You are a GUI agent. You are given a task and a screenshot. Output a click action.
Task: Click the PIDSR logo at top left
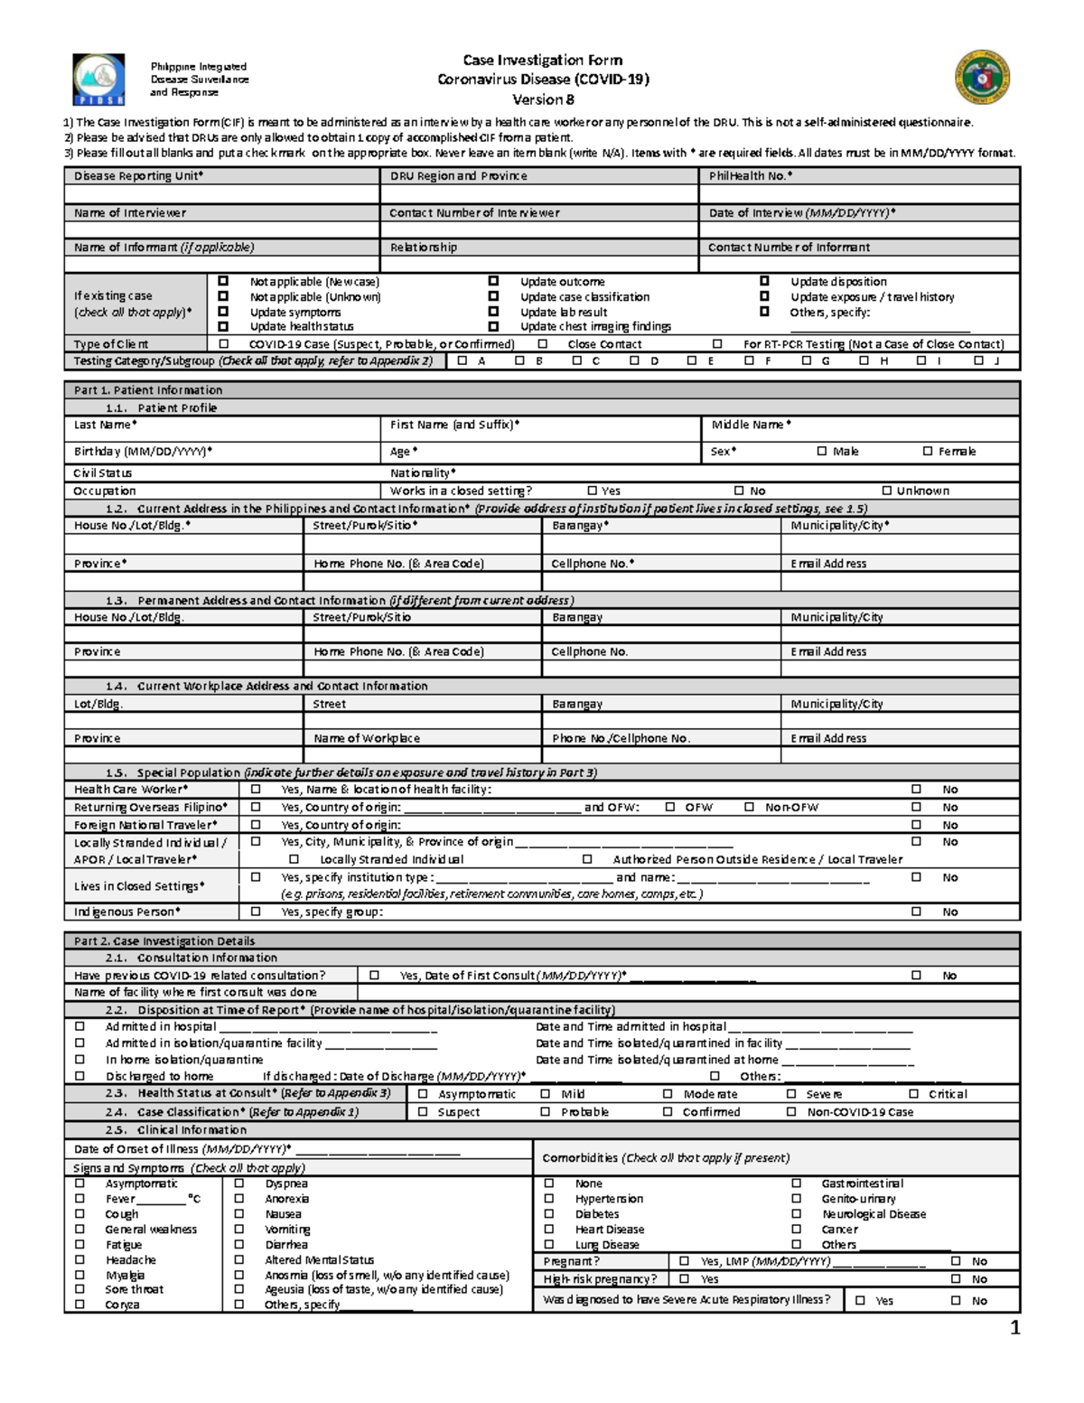pyautogui.click(x=98, y=80)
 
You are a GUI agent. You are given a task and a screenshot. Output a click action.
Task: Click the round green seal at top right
pyautogui.click(x=982, y=77)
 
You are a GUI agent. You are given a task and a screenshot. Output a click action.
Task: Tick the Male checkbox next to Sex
pyautogui.click(x=822, y=451)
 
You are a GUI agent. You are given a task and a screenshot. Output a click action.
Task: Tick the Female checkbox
pyautogui.click(x=928, y=451)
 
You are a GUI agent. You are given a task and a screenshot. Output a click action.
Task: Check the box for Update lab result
pyautogui.click(x=493, y=312)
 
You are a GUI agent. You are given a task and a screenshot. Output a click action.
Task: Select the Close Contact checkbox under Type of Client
pyautogui.click(x=543, y=344)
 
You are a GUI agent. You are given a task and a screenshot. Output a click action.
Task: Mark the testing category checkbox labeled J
pyautogui.click(x=978, y=360)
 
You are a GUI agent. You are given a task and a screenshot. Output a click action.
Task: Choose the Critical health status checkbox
pyautogui.click(x=913, y=1094)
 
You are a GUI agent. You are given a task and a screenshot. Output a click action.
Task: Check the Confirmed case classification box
pyautogui.click(x=668, y=1112)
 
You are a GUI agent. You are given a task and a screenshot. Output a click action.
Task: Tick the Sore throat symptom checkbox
pyautogui.click(x=80, y=1289)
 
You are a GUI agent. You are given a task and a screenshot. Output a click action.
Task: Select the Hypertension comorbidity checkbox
pyautogui.click(x=548, y=1199)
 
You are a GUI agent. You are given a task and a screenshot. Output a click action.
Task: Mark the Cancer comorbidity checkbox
pyautogui.click(x=797, y=1230)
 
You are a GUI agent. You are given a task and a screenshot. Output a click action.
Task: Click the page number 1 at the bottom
pyautogui.click(x=1014, y=1327)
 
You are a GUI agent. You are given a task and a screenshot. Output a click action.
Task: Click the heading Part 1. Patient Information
pyautogui.click(x=148, y=390)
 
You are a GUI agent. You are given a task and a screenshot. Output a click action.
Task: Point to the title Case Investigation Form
pyautogui.click(x=542, y=61)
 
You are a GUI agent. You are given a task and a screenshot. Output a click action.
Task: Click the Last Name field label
pyautogui.click(x=105, y=425)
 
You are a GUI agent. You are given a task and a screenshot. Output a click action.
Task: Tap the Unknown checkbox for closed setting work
pyautogui.click(x=887, y=491)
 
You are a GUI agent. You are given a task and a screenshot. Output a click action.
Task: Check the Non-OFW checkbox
pyautogui.click(x=749, y=807)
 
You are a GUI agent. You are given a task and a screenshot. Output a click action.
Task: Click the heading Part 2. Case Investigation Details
pyautogui.click(x=164, y=940)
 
